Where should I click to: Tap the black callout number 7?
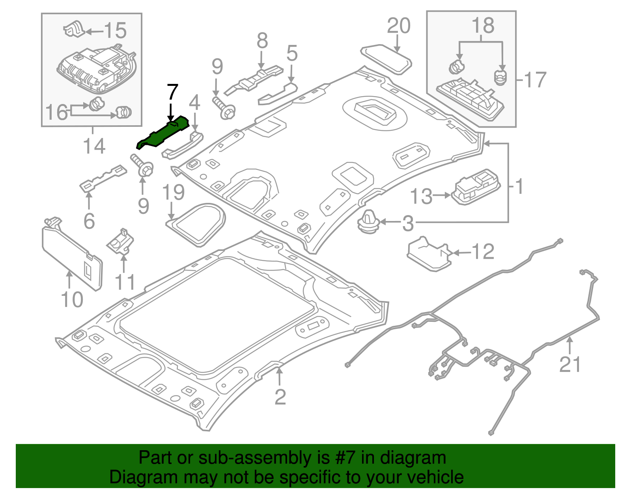[x=172, y=92]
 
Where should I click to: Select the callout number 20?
[x=398, y=26]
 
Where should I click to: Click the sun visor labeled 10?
[x=72, y=256]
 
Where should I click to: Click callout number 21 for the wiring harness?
[x=570, y=364]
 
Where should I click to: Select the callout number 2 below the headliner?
[x=280, y=397]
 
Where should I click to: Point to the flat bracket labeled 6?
[x=103, y=177]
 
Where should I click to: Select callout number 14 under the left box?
[x=94, y=146]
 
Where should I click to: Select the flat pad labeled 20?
[x=386, y=59]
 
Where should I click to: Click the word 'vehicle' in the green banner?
[x=435, y=477]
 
